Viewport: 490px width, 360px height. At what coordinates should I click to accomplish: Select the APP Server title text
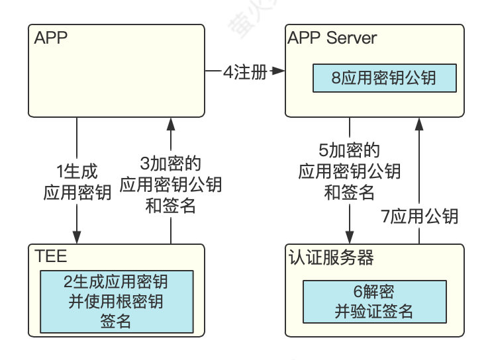(332, 37)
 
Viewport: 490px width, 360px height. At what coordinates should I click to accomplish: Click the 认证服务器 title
(320, 256)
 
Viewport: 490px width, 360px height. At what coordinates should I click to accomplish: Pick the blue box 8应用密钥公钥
(384, 77)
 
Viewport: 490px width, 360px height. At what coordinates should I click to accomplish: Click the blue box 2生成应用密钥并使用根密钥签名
(117, 301)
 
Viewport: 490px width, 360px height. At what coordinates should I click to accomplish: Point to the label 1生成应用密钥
(77, 183)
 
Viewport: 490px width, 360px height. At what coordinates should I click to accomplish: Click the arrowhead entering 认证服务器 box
(349, 238)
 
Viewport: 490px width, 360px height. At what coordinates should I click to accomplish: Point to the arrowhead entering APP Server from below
(418, 124)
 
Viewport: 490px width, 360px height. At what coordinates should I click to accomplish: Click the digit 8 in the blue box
(336, 77)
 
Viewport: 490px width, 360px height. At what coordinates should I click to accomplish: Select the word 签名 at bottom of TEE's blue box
(117, 322)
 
